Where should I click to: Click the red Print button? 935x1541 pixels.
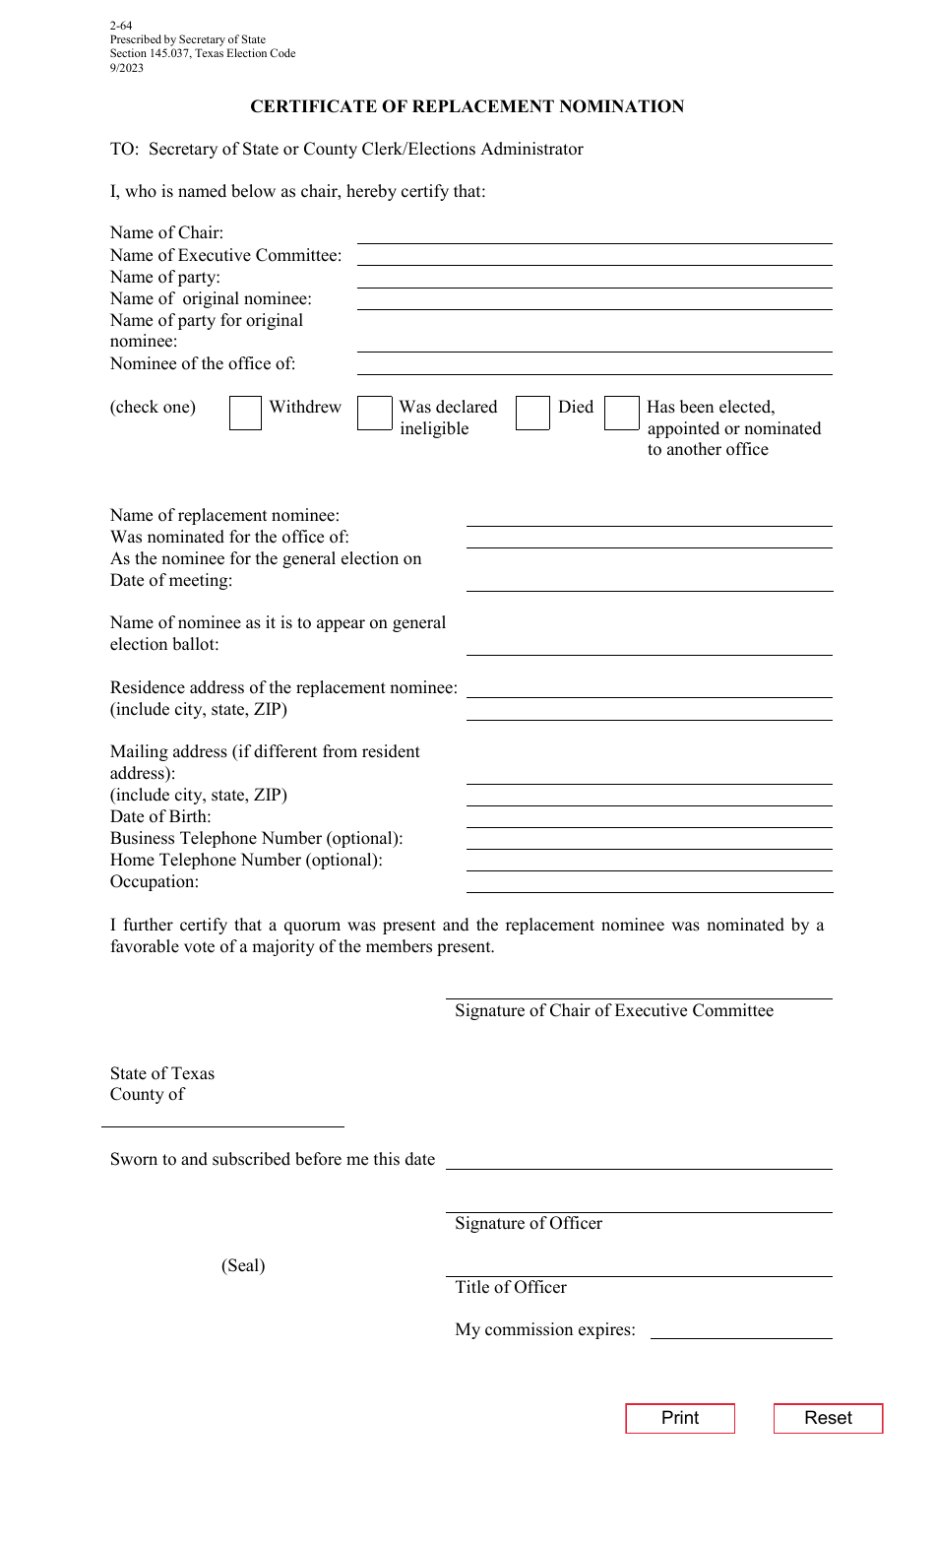point(680,1418)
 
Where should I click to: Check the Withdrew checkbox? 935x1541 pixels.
point(245,413)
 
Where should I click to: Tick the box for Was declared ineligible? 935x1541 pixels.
point(374,413)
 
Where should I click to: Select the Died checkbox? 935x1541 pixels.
point(532,413)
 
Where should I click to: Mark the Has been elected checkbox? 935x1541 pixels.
point(621,413)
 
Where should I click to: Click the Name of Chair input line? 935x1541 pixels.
point(594,234)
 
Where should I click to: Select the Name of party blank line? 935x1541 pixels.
point(594,279)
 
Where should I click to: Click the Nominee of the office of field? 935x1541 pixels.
point(594,365)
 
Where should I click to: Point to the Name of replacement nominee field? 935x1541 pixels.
point(649,517)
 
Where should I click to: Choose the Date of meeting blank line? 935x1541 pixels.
point(649,582)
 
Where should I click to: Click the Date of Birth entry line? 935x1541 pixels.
point(649,818)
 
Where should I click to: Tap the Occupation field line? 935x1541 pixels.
point(649,883)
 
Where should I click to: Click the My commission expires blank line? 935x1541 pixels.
point(741,1329)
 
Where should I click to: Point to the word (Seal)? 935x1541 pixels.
point(243,1265)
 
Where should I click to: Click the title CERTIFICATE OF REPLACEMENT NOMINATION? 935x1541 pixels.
point(467,106)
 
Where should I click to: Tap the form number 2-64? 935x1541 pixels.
point(121,26)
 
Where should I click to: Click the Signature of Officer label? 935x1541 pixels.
point(529,1223)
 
